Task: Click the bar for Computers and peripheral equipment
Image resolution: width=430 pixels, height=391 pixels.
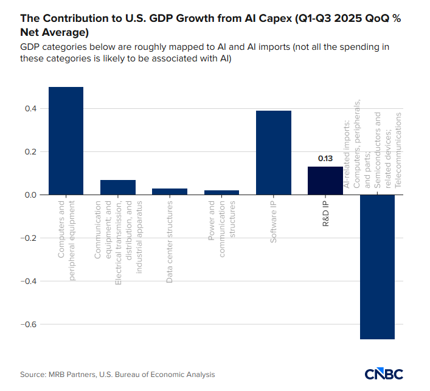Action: [66, 140]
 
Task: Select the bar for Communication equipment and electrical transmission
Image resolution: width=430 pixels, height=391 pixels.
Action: [118, 187]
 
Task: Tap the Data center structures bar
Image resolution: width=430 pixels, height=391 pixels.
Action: [170, 192]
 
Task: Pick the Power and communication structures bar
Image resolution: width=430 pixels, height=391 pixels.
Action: [221, 192]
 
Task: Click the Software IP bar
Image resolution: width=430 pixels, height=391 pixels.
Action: [273, 153]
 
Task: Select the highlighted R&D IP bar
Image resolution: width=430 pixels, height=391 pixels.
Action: [325, 181]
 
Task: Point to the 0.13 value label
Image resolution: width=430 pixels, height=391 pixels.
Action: [325, 159]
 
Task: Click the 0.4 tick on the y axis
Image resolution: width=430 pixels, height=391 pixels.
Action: [30, 109]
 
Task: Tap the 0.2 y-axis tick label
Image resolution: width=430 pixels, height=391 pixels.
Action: [30, 152]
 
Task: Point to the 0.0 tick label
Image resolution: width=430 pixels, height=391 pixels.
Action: [30, 195]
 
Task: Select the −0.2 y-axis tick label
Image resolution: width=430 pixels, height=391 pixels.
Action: [28, 238]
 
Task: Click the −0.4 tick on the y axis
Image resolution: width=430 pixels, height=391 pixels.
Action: [28, 282]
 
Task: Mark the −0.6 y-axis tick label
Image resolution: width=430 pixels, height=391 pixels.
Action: [28, 325]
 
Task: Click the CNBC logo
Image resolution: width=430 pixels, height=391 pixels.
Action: [384, 373]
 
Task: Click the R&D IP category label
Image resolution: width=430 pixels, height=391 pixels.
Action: [325, 213]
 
